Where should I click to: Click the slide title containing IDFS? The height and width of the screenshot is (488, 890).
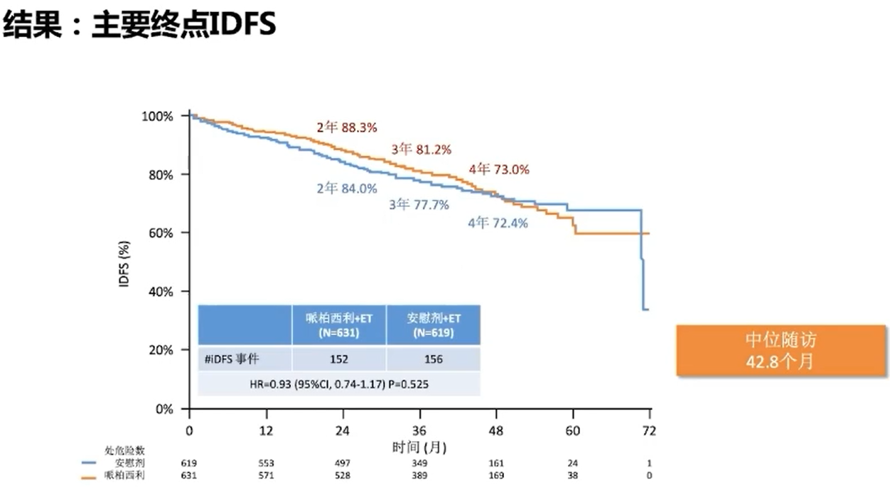click(x=139, y=26)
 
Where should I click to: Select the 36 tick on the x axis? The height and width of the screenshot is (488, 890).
click(x=420, y=431)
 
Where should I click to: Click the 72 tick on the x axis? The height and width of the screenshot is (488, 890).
click(x=649, y=431)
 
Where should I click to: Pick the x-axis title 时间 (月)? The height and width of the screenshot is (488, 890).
click(x=419, y=447)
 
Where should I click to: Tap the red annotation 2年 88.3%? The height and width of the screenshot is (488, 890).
click(x=347, y=127)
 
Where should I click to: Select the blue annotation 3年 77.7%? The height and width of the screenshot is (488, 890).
click(x=419, y=205)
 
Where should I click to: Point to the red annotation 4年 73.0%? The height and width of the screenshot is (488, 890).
click(x=499, y=170)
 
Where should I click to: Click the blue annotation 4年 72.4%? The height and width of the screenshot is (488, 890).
click(x=498, y=223)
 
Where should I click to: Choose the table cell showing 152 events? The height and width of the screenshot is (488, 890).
click(x=339, y=359)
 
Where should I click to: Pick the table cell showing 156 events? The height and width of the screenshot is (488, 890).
click(x=433, y=359)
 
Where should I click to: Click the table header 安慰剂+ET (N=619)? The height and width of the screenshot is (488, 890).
click(x=433, y=325)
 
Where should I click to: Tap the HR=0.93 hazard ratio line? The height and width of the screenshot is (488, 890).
click(x=339, y=384)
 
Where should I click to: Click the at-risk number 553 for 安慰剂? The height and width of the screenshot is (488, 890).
click(x=267, y=463)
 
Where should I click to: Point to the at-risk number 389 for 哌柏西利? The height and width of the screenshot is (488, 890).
click(x=420, y=475)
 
